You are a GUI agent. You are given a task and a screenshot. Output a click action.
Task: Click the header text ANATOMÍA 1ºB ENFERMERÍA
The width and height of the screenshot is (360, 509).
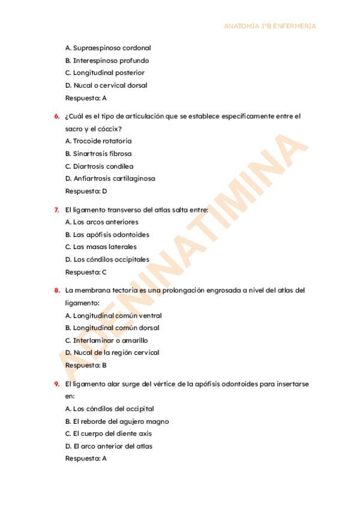point(269,26)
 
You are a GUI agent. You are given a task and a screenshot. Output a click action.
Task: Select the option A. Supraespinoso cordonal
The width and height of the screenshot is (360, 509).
point(100,48)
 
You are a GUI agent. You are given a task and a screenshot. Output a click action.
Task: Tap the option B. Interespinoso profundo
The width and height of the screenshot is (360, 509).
point(107,61)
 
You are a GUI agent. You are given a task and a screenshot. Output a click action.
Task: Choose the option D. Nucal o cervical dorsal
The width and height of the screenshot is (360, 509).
point(106,85)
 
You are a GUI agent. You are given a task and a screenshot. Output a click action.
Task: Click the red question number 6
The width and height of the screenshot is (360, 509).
point(57,116)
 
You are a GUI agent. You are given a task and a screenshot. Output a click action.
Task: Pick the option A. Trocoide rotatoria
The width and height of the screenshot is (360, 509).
point(98,141)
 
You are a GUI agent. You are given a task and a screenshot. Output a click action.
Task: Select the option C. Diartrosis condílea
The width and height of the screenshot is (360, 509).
point(99,166)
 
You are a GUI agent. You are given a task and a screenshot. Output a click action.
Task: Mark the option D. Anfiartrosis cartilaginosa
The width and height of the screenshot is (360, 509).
point(110,178)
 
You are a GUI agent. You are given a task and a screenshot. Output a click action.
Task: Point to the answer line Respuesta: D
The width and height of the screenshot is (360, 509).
point(86,191)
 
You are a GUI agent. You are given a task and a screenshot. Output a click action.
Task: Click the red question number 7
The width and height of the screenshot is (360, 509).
point(57,210)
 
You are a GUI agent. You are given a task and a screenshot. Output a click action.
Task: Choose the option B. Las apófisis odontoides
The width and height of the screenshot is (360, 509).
point(107,235)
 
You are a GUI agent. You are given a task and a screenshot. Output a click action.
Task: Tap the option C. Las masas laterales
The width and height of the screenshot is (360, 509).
point(100,247)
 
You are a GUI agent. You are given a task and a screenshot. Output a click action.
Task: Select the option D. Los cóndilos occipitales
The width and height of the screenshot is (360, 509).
point(107,260)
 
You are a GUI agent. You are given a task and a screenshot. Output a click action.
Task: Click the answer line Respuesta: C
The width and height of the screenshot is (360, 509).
point(86,272)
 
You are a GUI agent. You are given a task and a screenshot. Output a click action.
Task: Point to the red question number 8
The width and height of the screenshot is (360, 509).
point(57,291)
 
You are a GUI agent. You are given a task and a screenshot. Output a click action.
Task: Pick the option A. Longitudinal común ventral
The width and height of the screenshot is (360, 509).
point(113,316)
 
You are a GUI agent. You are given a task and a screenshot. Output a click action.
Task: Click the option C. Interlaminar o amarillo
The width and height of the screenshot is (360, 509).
point(106,340)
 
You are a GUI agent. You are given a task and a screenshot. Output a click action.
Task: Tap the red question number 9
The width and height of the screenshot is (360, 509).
point(57,384)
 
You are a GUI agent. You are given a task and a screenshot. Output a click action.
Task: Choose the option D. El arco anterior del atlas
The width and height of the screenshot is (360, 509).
point(108,446)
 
